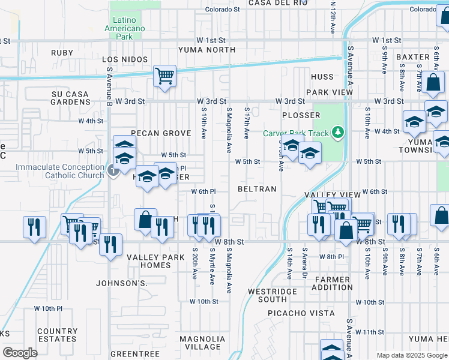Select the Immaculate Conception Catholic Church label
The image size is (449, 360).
pos(60,171)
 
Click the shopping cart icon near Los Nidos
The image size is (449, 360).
pos(164,76)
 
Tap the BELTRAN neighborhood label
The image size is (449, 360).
pos(257,189)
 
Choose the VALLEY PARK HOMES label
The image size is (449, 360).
pos(148,262)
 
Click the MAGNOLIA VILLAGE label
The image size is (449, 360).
pos(203,343)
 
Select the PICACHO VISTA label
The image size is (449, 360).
pos(301,313)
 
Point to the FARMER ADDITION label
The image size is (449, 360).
pos(332,284)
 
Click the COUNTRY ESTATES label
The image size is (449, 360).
pos(57,335)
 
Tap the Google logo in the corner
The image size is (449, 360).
pos(20,353)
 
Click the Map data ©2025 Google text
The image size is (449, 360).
pos(412,355)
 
